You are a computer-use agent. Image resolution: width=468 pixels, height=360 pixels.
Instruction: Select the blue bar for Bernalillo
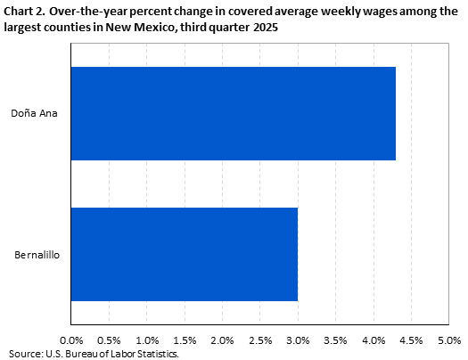click(x=184, y=255)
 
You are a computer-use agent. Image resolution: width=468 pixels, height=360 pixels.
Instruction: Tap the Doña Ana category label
click(x=35, y=114)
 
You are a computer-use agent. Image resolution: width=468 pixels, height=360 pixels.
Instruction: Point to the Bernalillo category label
click(x=37, y=255)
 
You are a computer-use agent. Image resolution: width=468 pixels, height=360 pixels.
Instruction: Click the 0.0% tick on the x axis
click(x=70, y=340)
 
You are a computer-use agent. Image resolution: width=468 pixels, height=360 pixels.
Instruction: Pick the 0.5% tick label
click(x=109, y=340)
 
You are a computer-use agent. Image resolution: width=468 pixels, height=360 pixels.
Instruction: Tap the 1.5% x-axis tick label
click(x=185, y=340)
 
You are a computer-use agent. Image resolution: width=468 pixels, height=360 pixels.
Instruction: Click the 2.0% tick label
click(x=222, y=340)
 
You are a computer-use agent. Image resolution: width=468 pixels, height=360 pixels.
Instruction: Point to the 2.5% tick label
click(x=260, y=340)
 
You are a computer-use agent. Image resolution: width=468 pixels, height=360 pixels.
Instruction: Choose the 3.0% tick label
click(x=298, y=340)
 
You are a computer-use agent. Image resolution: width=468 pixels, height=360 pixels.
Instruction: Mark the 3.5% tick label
click(x=335, y=340)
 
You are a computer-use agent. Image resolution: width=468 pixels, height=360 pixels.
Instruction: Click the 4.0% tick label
click(x=374, y=340)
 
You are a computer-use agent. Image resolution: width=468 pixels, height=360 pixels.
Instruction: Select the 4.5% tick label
click(x=411, y=340)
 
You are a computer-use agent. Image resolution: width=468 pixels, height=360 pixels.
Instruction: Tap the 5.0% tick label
click(x=448, y=340)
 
